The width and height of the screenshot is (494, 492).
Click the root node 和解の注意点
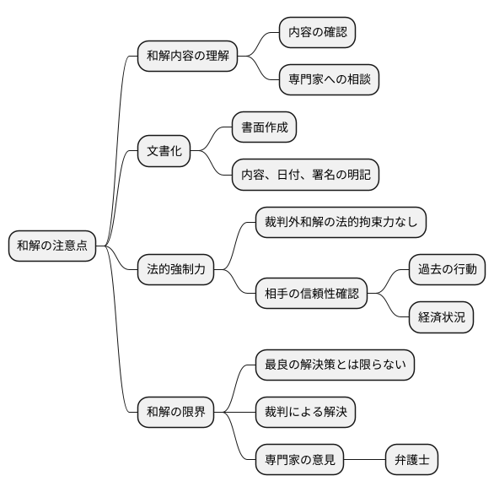coord(51,246)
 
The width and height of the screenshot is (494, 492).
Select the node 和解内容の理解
coord(187,57)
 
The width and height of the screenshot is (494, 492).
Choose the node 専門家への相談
coord(329,80)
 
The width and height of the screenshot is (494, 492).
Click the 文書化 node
coord(164,152)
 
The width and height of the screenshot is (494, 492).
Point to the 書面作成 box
coord(265,128)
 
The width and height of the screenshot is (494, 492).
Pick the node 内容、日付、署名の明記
coord(305,176)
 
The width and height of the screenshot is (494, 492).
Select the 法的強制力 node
coord(175,270)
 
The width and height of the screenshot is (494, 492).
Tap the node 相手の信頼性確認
coord(311,294)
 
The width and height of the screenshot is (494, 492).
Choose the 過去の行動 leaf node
coord(447,270)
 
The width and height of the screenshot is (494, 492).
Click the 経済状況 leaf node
coord(441,317)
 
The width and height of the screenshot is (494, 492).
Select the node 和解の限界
coord(175,413)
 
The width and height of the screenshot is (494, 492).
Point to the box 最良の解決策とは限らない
coord(335,365)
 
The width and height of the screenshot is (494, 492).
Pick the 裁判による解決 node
coord(305,413)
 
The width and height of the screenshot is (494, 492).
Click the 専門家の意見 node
coord(299,460)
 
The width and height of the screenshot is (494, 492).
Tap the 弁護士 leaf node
coord(411,460)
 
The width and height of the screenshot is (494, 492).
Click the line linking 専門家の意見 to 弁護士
coord(364,460)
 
